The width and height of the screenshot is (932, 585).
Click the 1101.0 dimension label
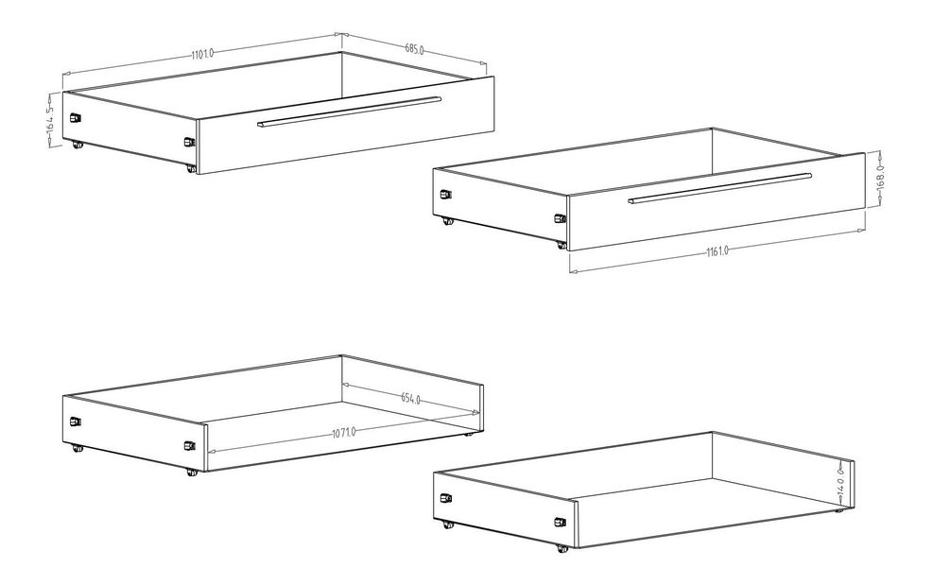coord(202,54)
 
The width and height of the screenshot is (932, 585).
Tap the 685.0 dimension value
coord(414,49)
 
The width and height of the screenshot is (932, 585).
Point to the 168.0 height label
coord(881,177)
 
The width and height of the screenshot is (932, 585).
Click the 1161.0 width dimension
coord(717,251)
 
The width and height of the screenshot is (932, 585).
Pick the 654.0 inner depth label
coord(410,398)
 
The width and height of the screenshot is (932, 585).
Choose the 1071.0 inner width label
coord(343,432)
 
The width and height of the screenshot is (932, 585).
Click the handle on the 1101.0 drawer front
coord(350,112)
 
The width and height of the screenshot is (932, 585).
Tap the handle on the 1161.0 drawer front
coord(720,188)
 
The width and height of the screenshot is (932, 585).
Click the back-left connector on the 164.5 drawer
coord(75,117)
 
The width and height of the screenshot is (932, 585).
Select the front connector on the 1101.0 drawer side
coord(189,142)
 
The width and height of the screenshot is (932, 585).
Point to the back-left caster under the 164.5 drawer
coord(76,144)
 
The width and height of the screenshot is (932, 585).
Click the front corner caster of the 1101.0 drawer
coord(191,169)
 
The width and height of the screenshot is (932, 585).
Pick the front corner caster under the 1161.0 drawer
coord(561,245)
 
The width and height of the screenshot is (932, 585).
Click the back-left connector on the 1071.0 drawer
coord(75,422)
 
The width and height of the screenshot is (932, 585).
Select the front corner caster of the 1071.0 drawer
coord(191,473)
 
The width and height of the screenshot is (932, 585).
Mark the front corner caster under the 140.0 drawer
coord(561,549)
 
